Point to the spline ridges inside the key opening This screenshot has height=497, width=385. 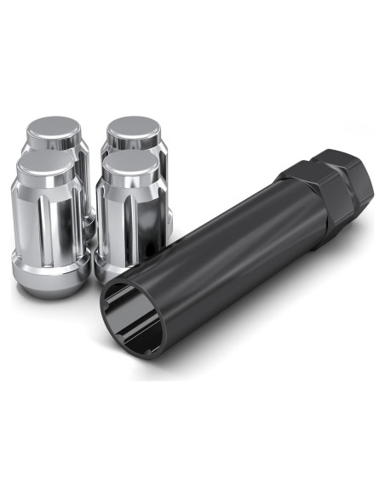[x=120, y=306]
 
